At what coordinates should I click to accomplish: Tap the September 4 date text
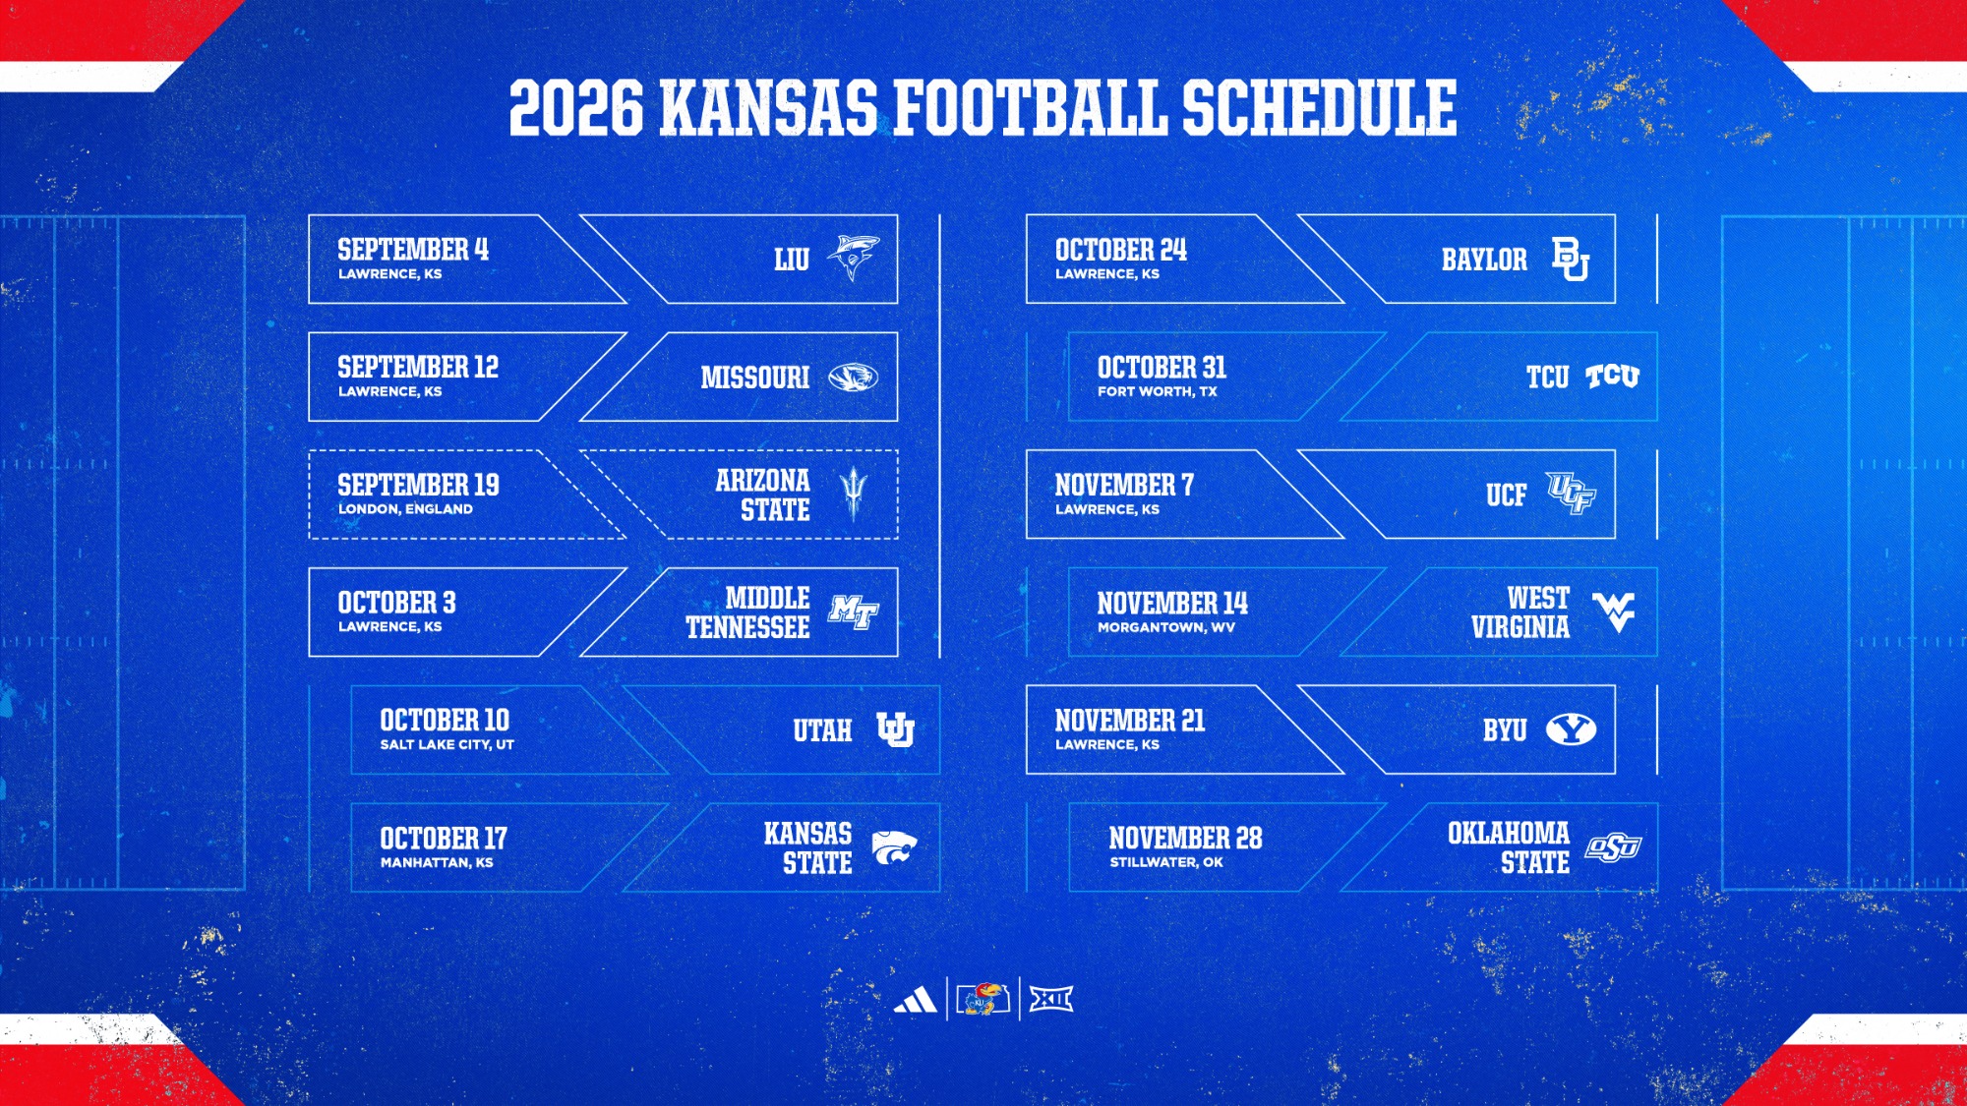413,250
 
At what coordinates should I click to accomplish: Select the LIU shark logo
853,259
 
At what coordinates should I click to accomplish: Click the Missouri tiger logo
853,377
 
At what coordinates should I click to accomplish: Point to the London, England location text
405,509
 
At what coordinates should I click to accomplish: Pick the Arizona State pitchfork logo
854,495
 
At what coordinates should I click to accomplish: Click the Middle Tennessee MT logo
854,612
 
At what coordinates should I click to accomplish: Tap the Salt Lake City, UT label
447,745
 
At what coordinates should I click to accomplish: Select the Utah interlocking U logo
895,729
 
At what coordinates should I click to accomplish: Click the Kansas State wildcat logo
894,847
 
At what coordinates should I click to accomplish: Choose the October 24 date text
1121,250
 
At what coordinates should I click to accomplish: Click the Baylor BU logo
1571,259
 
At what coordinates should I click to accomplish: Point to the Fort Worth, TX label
1158,391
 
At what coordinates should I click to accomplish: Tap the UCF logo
1571,494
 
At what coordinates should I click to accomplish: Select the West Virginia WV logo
1613,612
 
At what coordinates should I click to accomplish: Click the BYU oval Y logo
1571,729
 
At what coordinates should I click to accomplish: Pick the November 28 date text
1185,839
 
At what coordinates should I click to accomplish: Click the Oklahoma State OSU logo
1613,847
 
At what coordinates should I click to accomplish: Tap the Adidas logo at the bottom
915,1000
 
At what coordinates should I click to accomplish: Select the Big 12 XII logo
1050,1000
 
